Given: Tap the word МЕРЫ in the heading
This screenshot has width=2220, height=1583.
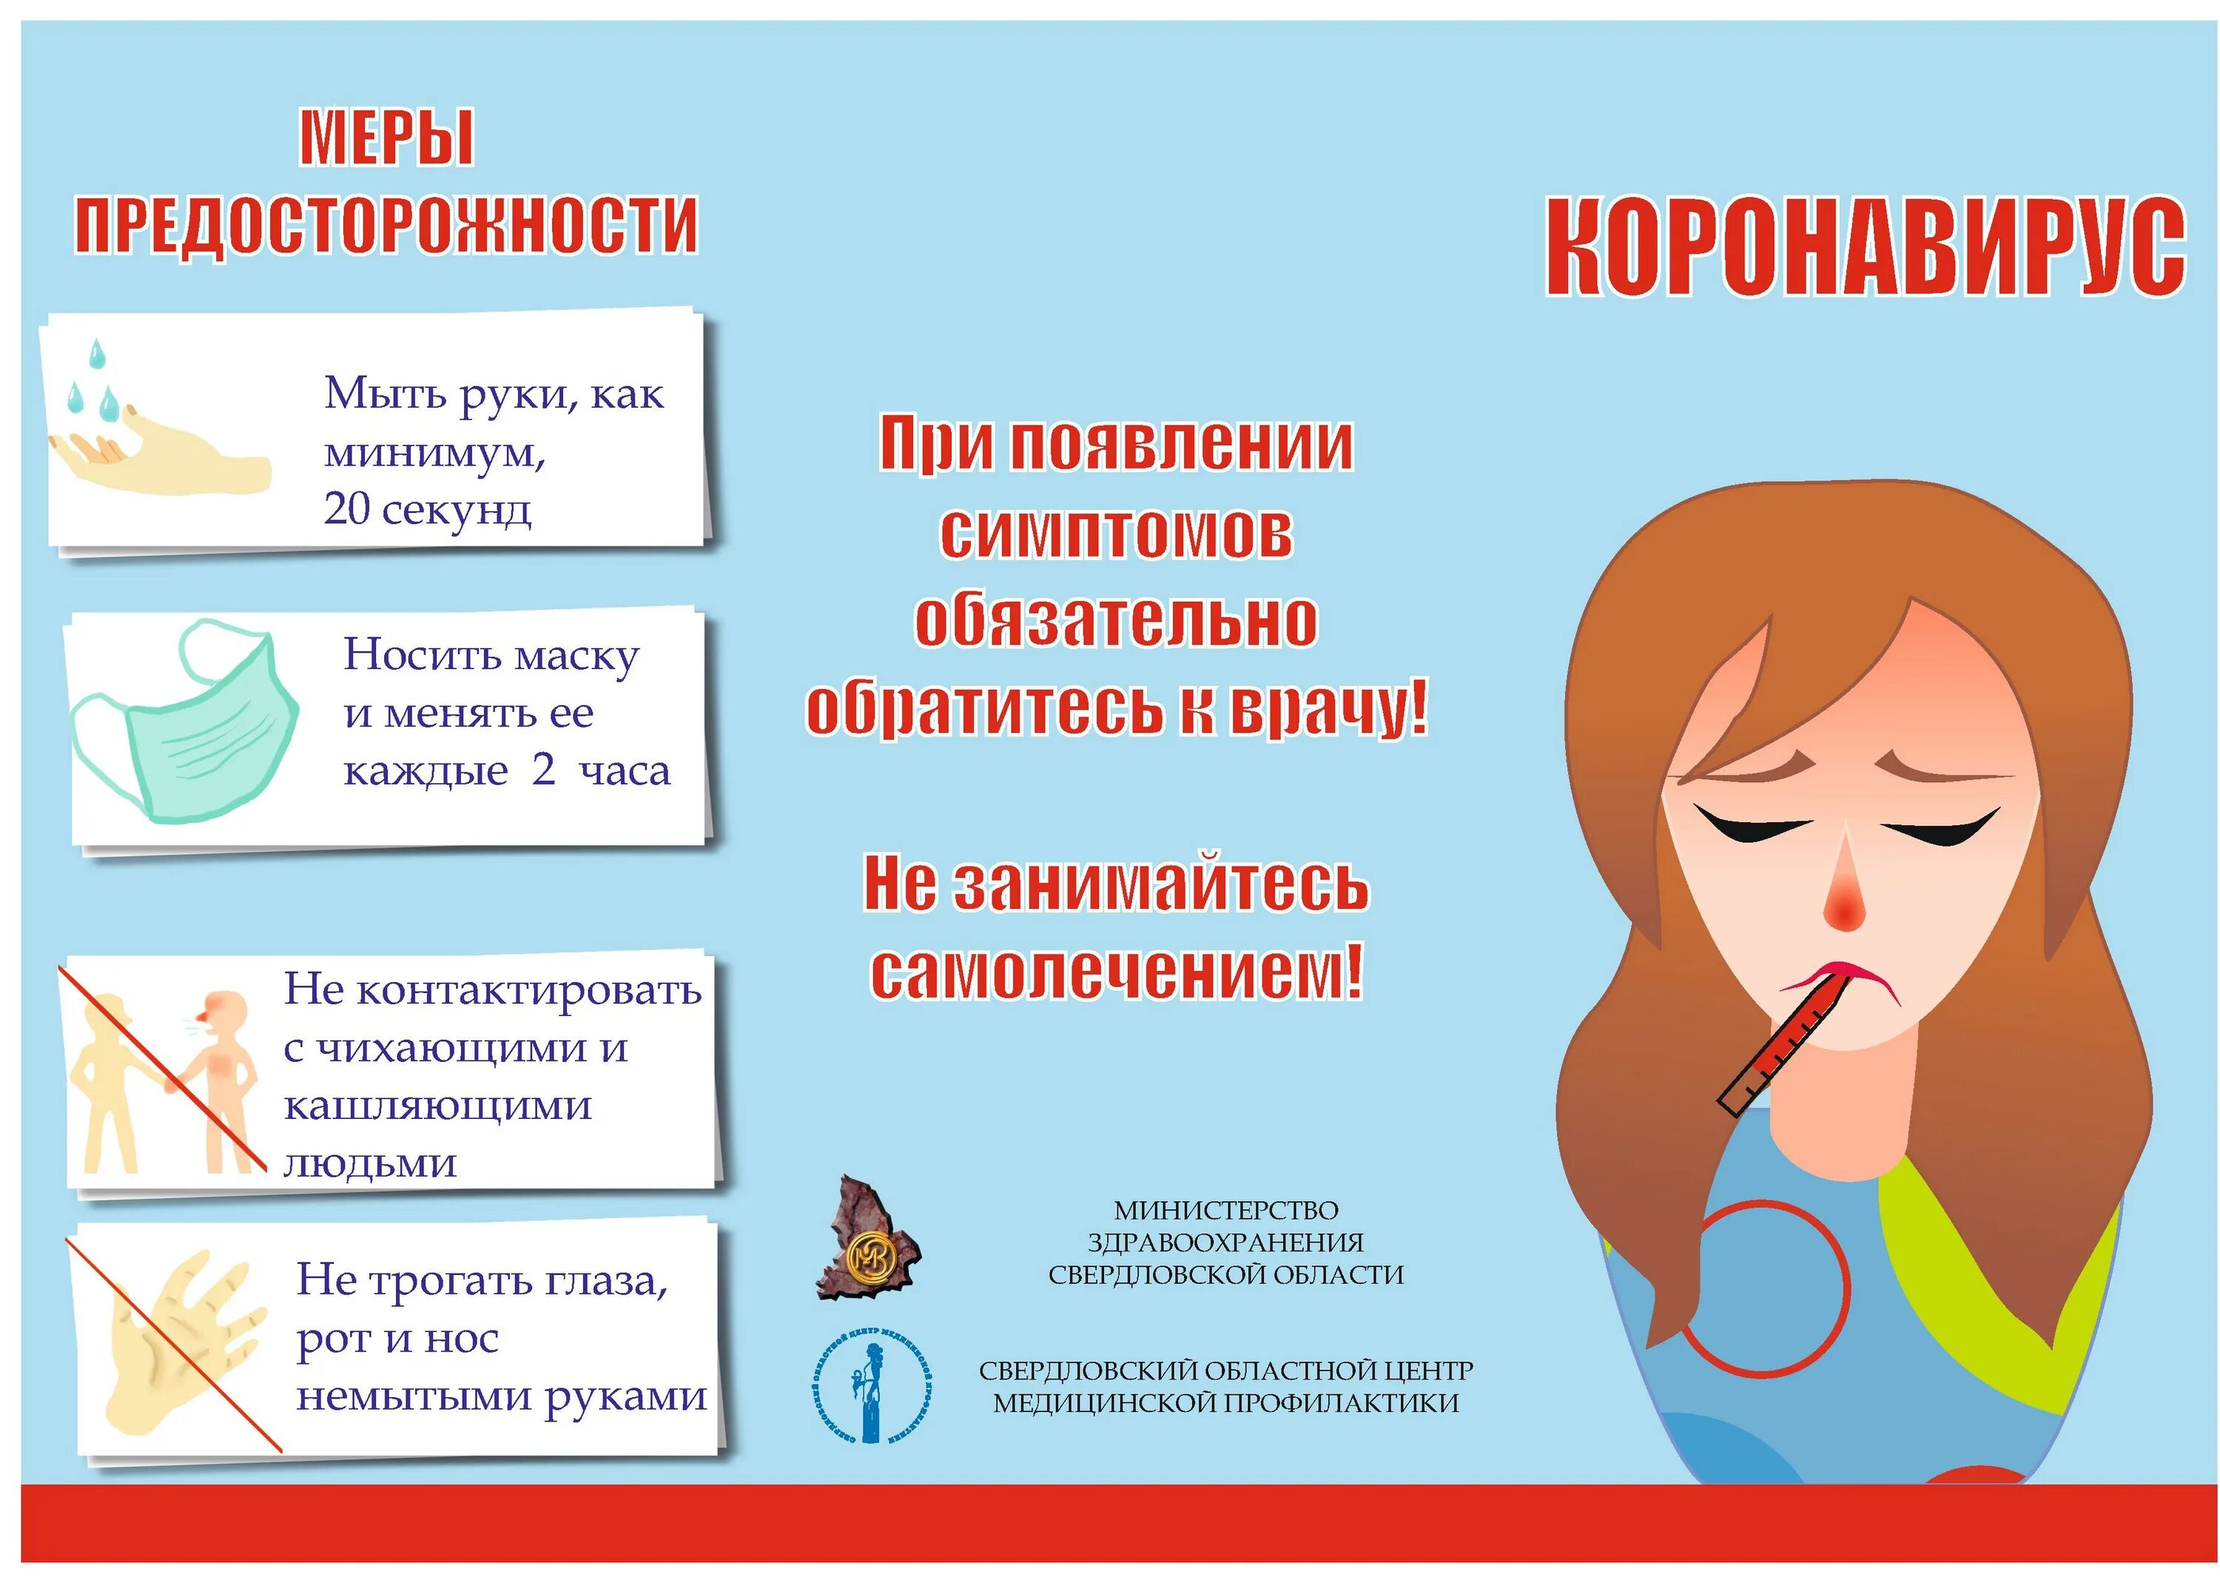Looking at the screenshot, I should [386, 138].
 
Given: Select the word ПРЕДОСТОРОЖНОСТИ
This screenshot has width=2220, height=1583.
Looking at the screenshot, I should [386, 225].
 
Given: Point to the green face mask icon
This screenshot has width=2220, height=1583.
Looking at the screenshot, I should [185, 722].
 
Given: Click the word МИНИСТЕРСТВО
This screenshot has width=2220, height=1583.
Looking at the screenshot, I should [1226, 1211].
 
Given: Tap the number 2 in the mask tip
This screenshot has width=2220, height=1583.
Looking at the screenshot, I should [543, 770].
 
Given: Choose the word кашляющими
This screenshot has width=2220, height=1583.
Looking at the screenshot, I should [437, 1106].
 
